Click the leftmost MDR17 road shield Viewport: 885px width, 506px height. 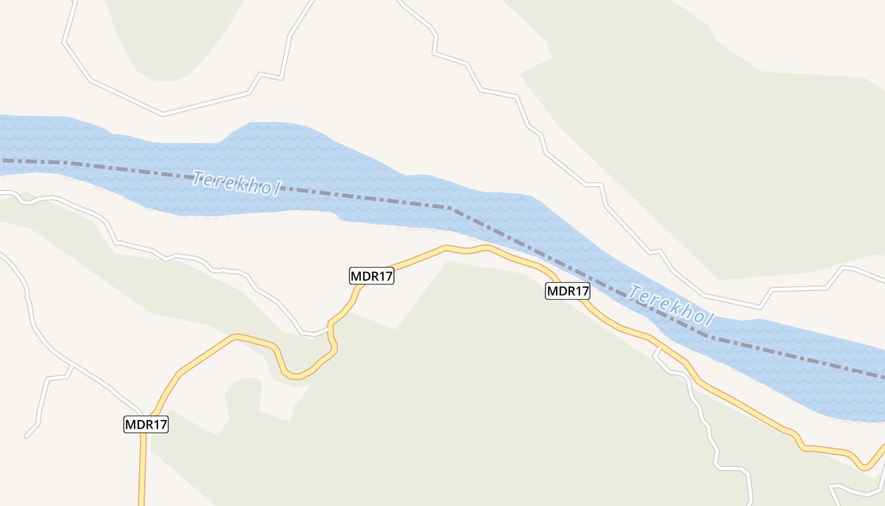point(146,424)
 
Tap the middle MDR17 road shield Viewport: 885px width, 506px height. point(372,276)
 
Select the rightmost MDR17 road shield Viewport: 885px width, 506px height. point(568,291)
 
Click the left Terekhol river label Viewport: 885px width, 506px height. point(236,183)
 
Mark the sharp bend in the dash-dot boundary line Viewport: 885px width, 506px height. point(450,207)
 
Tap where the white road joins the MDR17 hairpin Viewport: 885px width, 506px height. point(329,328)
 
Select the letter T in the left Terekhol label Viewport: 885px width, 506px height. point(198,177)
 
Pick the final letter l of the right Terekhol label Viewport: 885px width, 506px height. point(709,321)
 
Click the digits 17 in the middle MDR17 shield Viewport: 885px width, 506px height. point(384,276)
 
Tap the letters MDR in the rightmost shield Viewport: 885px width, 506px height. point(560,291)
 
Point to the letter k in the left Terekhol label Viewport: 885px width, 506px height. point(243,185)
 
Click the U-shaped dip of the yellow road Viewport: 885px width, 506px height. point(294,376)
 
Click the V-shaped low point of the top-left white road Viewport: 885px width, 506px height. point(163,114)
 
